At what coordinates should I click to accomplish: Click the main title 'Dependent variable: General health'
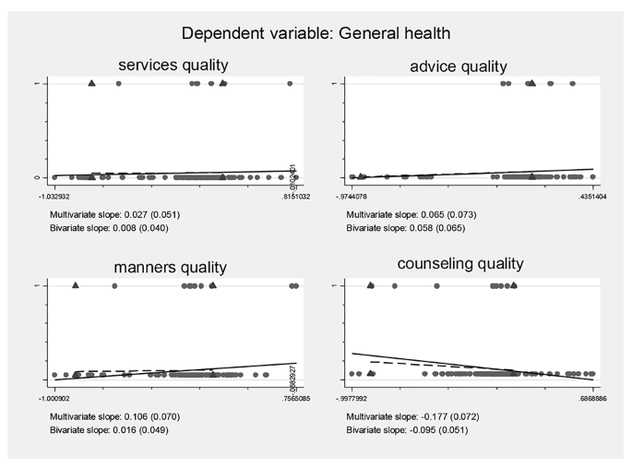click(316, 33)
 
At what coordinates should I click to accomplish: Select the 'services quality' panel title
click(174, 65)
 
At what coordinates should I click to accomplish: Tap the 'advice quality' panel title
click(459, 66)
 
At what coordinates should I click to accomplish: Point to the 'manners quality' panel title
click(171, 268)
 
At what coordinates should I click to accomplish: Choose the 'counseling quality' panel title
click(460, 264)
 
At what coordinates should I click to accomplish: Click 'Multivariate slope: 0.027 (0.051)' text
click(115, 214)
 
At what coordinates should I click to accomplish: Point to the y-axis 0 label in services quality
click(35, 176)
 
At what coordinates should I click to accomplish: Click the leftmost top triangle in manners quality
click(76, 285)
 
